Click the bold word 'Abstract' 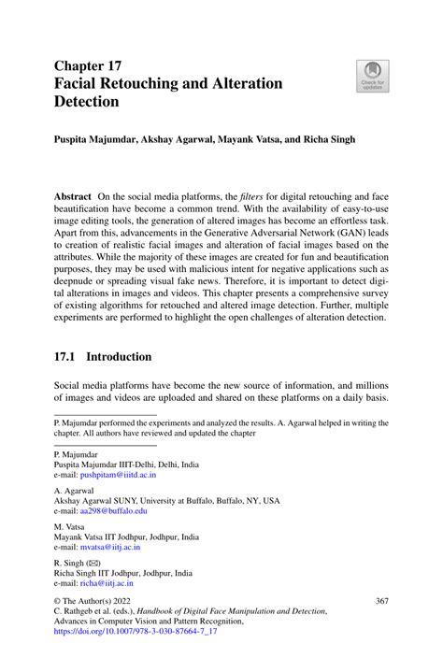click(x=73, y=197)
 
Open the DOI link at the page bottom click(x=137, y=631)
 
